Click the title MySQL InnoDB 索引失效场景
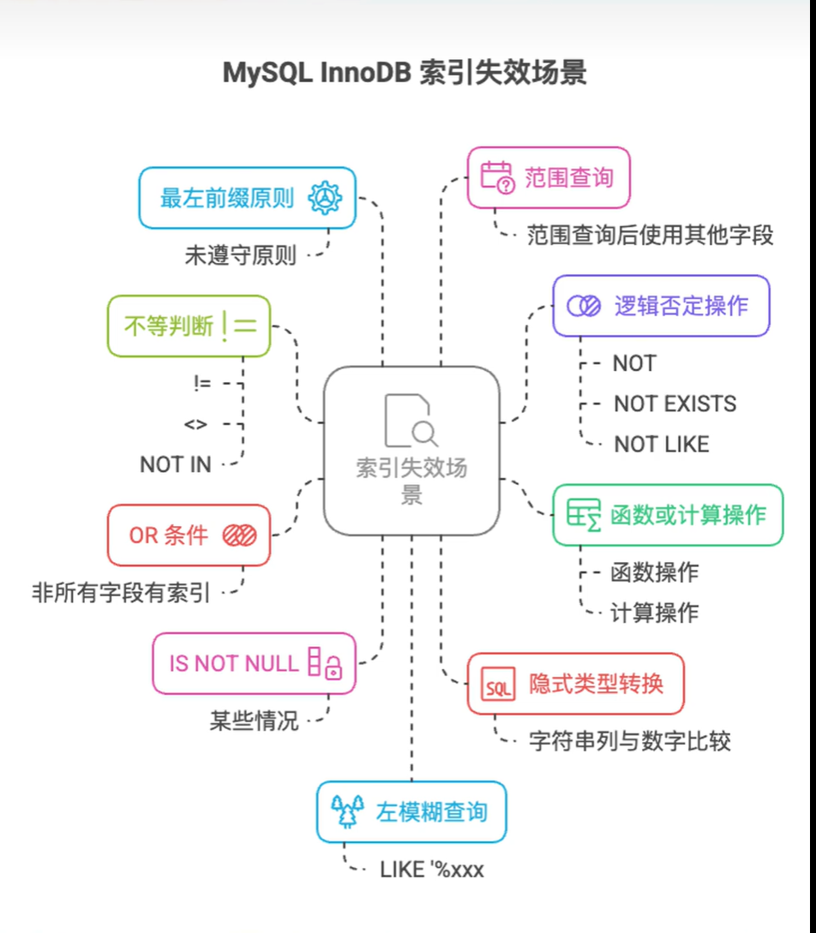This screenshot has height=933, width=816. coord(405,73)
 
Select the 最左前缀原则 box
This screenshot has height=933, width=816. coord(247,198)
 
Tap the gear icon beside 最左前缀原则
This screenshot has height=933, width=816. coord(325,198)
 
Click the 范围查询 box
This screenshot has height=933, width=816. coord(548,177)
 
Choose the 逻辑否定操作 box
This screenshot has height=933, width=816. coord(660,305)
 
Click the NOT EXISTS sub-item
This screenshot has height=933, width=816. coord(675,404)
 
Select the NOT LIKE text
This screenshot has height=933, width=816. coord(662,444)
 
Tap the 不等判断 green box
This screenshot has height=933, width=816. coord(189,326)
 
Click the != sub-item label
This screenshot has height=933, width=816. coord(202,384)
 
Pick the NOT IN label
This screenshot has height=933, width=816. coord(175,464)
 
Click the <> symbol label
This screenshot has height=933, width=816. coord(195,424)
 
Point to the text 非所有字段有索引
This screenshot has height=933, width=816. coord(121,591)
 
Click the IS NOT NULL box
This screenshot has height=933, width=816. coord(254,663)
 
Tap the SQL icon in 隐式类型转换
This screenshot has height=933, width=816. coord(497,685)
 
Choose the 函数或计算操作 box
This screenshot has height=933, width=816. coord(667,515)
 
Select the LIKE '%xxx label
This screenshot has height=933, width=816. coord(432,870)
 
